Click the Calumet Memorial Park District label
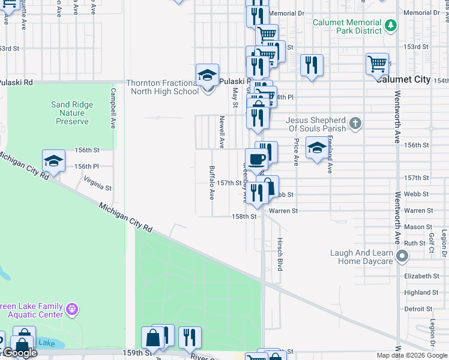[347, 26]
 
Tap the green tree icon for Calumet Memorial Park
[391, 25]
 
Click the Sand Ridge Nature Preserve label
[72, 113]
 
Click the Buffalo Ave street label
[211, 182]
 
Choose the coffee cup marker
[256, 160]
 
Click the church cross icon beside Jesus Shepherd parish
[355, 124]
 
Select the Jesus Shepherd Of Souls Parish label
[316, 124]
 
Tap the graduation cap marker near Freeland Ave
[316, 148]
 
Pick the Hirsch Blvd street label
[280, 252]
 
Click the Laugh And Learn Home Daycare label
[361, 257]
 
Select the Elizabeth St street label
[421, 276]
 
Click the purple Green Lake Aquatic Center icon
[72, 310]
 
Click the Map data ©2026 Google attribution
[412, 355]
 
